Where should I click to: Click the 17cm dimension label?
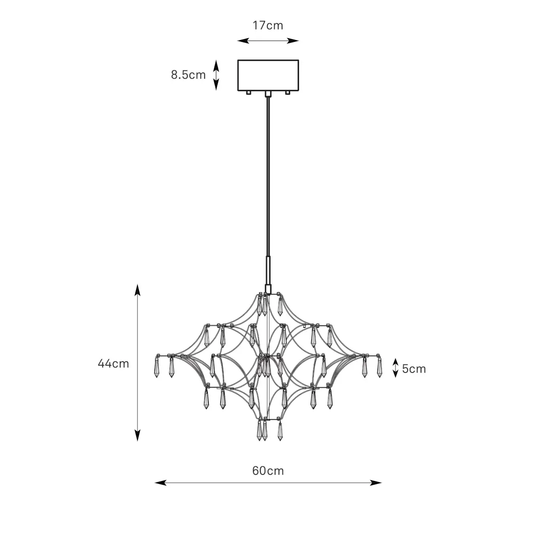268,25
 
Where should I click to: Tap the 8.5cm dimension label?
188,75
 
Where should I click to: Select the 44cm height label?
113,364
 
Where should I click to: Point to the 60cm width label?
268,471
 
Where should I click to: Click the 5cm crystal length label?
414,369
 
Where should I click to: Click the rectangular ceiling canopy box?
268,75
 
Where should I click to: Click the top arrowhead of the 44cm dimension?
138,290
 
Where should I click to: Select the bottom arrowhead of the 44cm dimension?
138,435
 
